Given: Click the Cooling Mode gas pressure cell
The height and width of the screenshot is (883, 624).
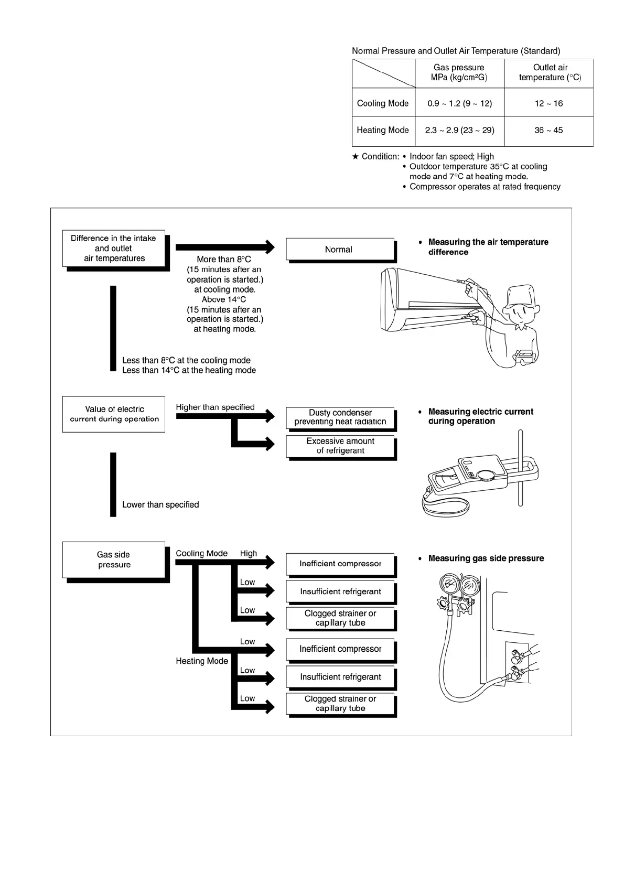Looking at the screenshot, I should coord(459,103).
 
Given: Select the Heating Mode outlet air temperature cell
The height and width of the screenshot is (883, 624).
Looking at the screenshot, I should coord(548,130).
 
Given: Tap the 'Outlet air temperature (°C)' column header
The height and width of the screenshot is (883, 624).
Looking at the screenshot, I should coord(550,72).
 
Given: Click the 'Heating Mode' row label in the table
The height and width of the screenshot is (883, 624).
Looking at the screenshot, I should coord(383,130).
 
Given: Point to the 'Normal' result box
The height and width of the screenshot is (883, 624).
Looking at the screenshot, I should coord(339,250).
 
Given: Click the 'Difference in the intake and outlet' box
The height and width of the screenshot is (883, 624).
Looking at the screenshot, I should coord(114,248).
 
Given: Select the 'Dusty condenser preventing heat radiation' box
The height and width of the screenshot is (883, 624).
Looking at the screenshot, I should coord(340,417).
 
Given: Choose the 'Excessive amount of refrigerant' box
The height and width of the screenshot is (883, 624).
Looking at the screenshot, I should coord(340,446).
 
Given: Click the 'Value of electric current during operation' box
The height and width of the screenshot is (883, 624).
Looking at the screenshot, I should coord(114,414).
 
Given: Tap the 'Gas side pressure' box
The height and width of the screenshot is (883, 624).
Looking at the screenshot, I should coord(114,559).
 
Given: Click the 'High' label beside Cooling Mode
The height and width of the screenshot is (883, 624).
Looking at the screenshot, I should coord(249,553).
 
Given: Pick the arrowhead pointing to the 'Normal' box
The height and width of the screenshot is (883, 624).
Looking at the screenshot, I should coord(270,247).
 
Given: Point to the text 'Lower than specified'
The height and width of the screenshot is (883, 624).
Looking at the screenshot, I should coord(160,504).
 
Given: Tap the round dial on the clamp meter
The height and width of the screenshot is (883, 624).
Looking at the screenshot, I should coord(487,475).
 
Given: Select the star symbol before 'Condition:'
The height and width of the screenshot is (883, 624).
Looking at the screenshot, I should coord(356,156).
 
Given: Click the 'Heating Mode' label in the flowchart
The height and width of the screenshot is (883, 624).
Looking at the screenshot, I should coord(202,661).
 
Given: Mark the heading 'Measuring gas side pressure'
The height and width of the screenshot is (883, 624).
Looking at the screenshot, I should coord(486,558).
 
